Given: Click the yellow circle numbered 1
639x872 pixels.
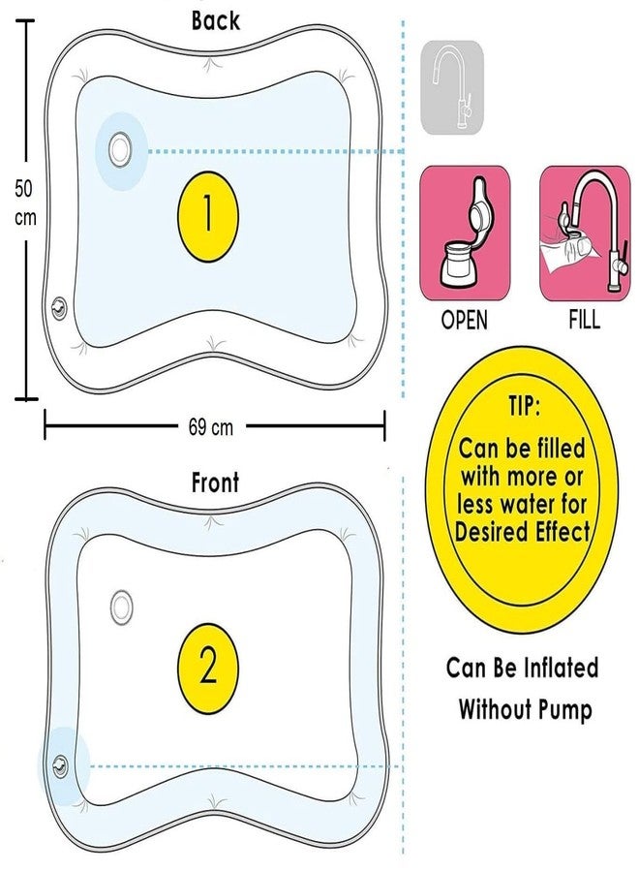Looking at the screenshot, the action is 208,216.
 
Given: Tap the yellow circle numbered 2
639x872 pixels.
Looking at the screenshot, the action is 208,668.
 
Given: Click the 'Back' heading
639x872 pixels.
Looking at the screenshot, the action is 216,20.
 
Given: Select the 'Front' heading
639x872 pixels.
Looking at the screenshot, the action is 215,483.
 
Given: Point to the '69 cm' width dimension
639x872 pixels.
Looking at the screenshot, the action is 211,427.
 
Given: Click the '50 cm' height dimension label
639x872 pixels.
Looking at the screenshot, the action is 25,203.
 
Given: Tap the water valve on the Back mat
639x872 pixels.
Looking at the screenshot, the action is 120,149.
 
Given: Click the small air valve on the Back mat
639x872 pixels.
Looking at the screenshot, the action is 58,307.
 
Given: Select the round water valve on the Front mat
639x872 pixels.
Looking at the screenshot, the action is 121,607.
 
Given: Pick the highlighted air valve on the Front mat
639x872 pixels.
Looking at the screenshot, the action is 60,766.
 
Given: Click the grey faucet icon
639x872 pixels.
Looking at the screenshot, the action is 452,87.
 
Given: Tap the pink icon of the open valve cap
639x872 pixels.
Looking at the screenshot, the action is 465,233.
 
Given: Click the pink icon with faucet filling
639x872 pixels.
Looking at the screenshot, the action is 585,233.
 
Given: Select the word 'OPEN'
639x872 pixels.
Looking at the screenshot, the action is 465,321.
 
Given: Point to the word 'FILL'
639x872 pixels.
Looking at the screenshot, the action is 585,321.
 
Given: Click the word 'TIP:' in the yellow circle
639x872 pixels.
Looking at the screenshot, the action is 524,406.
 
